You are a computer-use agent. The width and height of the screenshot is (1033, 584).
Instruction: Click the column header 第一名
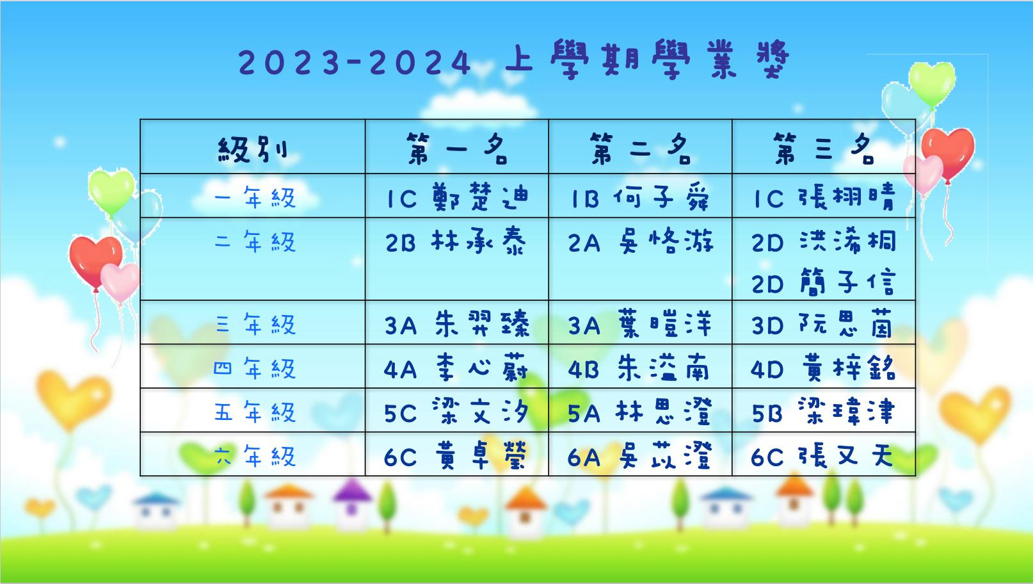click(457, 149)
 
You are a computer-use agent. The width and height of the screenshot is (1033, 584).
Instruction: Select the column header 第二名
click(641, 149)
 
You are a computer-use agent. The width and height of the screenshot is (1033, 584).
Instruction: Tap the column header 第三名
click(824, 149)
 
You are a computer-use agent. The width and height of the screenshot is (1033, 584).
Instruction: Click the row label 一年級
click(255, 198)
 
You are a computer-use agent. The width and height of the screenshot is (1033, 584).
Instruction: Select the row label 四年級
click(255, 368)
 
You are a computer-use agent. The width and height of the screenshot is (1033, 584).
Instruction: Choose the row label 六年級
click(255, 456)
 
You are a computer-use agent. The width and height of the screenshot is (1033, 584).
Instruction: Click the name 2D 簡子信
click(824, 282)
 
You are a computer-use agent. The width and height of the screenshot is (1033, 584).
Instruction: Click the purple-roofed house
click(352, 502)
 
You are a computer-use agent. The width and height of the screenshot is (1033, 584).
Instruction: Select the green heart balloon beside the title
click(932, 85)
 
